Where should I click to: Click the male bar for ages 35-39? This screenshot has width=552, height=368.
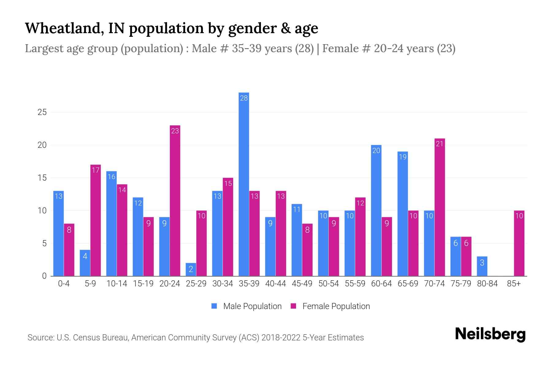point(244,184)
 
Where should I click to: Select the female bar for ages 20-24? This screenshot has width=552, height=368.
point(175,201)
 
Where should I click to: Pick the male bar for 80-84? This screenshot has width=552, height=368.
point(482,266)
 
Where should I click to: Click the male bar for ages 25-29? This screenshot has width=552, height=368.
point(191,270)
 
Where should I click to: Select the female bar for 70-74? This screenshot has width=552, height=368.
point(439,207)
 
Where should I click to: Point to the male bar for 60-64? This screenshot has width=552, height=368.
point(376,210)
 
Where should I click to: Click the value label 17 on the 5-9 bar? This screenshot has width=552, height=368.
point(96,170)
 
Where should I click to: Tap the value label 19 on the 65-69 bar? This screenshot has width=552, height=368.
point(402,157)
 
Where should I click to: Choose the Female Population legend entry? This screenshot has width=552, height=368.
point(330,306)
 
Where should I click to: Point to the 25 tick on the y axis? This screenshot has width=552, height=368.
point(42,112)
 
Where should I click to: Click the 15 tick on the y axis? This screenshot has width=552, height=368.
point(42,178)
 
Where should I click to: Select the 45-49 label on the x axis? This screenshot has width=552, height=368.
point(302,284)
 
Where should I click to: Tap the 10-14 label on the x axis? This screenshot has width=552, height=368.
point(117,284)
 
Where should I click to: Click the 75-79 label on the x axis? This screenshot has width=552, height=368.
point(461,284)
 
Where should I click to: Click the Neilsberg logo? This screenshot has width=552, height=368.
point(490,334)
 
